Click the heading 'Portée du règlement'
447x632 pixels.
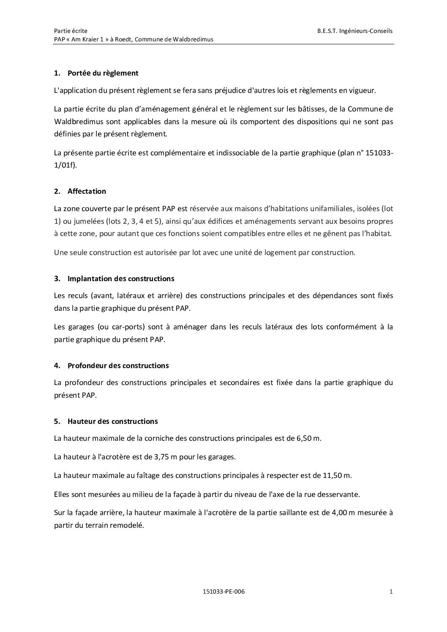[x=103, y=73]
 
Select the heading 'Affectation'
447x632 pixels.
[x=87, y=191]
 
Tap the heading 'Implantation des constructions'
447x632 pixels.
[x=120, y=279]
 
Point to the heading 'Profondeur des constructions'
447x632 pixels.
[x=118, y=366]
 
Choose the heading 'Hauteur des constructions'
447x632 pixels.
[x=112, y=421]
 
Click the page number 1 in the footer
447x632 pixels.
[x=391, y=591]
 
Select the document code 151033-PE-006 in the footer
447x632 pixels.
[x=223, y=591]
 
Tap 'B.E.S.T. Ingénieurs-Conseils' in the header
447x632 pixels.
[x=355, y=31]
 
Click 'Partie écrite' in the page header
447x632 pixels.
[x=71, y=31]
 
